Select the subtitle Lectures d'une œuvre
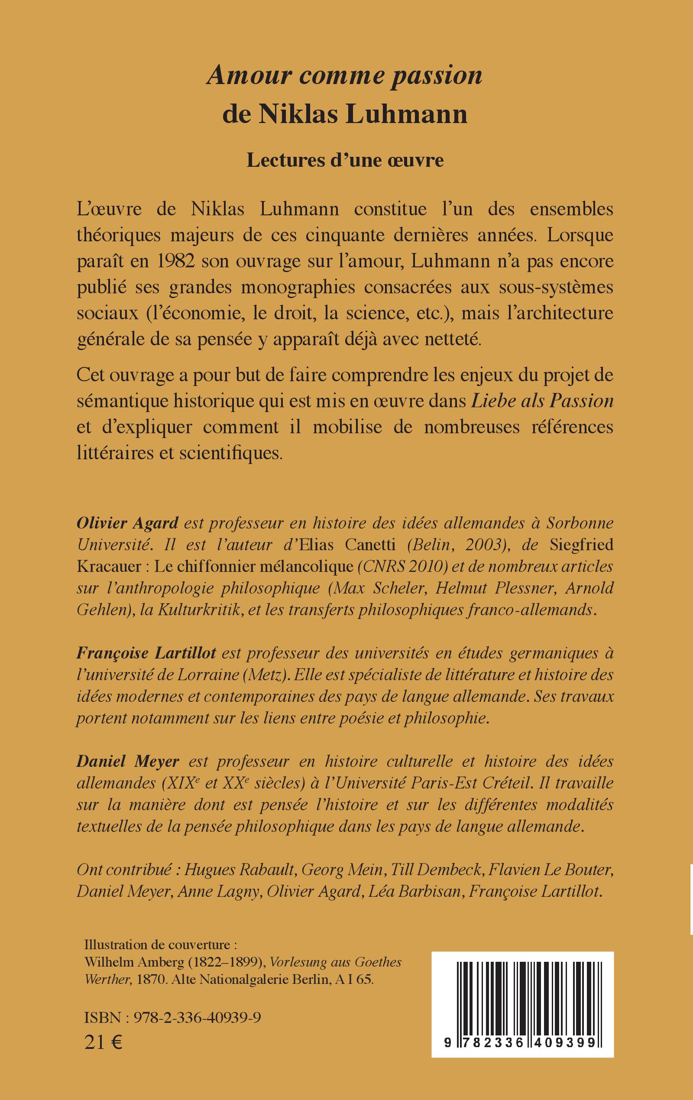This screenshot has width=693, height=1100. [345, 160]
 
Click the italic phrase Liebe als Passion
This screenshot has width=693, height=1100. [542, 401]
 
